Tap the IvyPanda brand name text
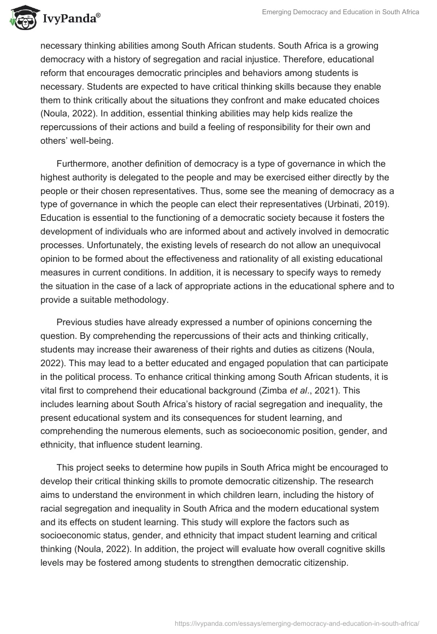pyautogui.click(x=70, y=19)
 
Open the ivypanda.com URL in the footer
pyautogui.click(x=297, y=622)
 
